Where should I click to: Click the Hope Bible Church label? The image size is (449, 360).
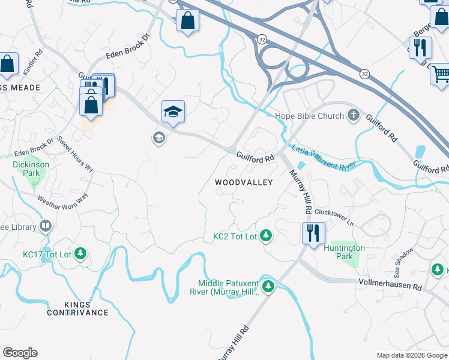(x=309, y=116)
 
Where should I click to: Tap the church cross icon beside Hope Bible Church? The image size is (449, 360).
(x=354, y=115)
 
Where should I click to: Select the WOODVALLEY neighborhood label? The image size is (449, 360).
(x=244, y=182)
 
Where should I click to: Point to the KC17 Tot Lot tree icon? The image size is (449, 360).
(x=82, y=254)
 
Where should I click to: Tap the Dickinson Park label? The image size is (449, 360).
(x=27, y=169)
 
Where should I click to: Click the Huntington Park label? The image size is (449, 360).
(x=344, y=252)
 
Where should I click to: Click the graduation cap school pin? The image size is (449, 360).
(x=173, y=112)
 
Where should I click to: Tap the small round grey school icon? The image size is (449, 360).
(x=158, y=139)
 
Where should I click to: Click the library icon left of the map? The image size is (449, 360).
(x=46, y=226)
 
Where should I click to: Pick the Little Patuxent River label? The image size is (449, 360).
(x=324, y=157)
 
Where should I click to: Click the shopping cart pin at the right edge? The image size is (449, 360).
(x=441, y=74)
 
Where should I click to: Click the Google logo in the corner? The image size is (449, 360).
(x=20, y=353)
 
